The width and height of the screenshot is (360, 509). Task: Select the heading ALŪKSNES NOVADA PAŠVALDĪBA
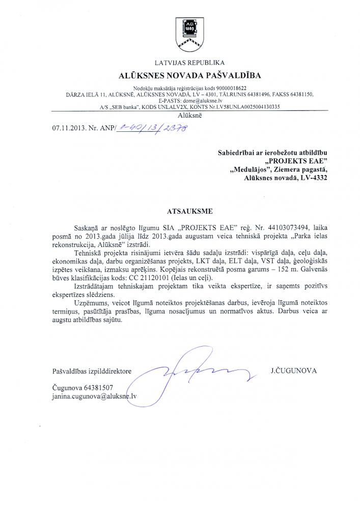point(180,76)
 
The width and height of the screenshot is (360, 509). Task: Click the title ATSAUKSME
point(180,210)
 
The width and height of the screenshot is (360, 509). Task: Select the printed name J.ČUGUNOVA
point(293,371)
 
